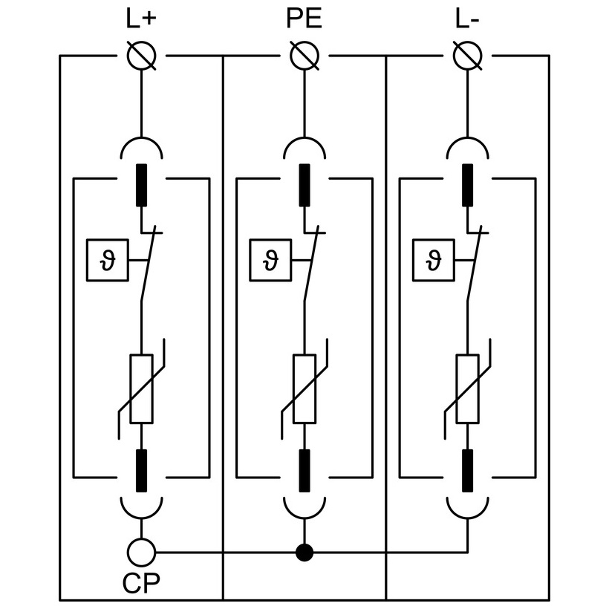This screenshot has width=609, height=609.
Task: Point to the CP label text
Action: [140, 583]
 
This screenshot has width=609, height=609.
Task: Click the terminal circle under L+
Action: [141, 56]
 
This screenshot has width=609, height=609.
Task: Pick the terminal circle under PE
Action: [304, 56]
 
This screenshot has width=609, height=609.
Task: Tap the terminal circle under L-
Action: [468, 56]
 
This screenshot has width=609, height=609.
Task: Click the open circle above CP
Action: [141, 553]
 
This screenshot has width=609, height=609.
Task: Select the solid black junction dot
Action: [304, 553]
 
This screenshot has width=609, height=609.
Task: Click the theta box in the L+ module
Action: [108, 260]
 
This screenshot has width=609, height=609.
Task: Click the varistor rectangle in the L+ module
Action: [141, 389]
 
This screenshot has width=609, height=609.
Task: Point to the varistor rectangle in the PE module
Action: [304, 389]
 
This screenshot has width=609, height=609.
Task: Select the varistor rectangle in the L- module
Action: [468, 389]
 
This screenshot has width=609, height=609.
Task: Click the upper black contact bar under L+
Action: [141, 185]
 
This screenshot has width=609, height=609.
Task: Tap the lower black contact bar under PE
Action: [304, 470]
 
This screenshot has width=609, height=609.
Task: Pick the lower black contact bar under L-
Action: [468, 470]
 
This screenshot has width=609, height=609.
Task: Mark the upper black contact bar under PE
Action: [304, 185]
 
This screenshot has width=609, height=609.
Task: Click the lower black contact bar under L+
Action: [141, 470]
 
